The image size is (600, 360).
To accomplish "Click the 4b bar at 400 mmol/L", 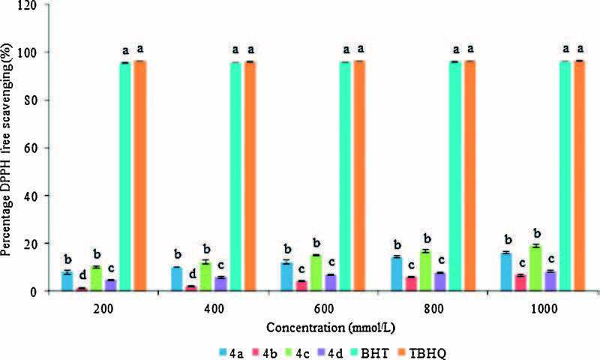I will coord(192,289).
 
